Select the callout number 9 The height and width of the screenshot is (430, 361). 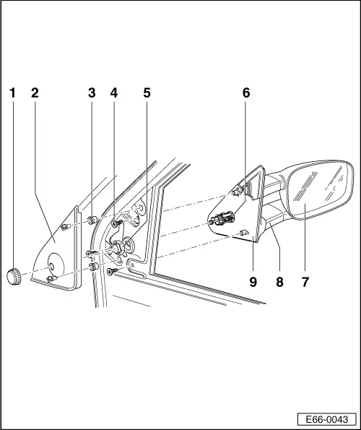[253, 282]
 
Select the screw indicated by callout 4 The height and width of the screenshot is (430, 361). [116, 225]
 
